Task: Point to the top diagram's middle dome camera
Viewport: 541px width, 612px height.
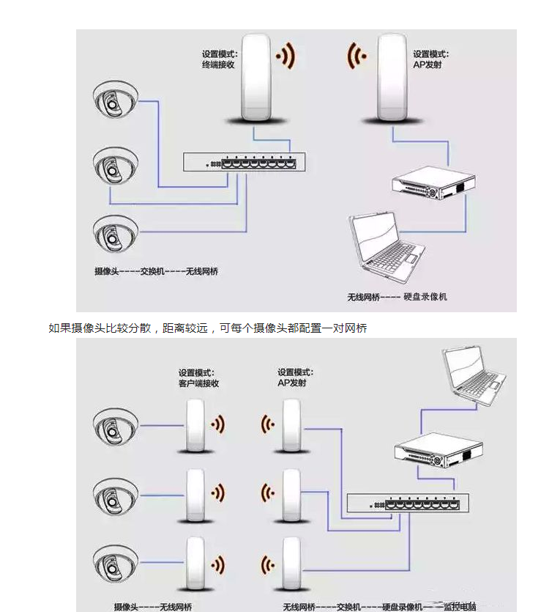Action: [x=115, y=167]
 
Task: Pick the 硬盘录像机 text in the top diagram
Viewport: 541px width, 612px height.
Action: [x=425, y=296]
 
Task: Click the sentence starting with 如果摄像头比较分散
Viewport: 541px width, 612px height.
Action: [x=207, y=328]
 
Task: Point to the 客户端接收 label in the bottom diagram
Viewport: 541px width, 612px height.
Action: [x=198, y=383]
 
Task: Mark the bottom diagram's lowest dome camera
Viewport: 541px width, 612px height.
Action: [x=115, y=564]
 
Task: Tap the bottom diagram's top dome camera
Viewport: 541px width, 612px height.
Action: [x=115, y=426]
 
